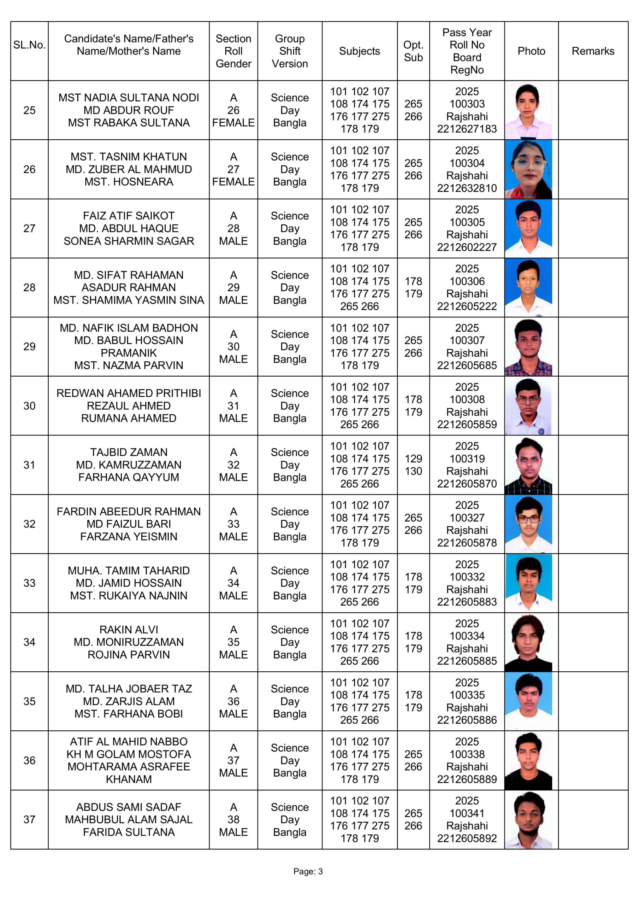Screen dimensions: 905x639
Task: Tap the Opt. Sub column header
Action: pos(413,51)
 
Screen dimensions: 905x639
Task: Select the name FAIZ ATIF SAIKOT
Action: pos(129,216)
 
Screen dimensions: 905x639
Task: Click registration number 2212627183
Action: pos(467,129)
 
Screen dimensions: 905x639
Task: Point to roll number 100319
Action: pos(467,459)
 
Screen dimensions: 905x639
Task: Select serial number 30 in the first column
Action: pos(29,405)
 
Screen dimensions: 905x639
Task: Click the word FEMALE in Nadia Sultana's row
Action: pos(233,123)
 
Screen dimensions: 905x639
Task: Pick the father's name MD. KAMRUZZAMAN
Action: pos(129,465)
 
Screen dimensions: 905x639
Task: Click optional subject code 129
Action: pos(413,459)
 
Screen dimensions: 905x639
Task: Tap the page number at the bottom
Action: pos(308,871)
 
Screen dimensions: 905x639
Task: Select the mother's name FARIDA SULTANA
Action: pos(129,832)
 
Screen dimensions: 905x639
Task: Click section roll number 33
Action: pos(233,524)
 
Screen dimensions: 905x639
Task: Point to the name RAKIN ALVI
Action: pos(129,630)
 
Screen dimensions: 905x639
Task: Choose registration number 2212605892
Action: pos(467,839)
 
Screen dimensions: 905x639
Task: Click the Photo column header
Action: pos(531,51)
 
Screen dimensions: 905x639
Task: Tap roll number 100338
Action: pos(467,754)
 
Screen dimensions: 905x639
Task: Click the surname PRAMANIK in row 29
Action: pos(129,353)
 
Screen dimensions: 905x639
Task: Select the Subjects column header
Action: pos(359,51)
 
